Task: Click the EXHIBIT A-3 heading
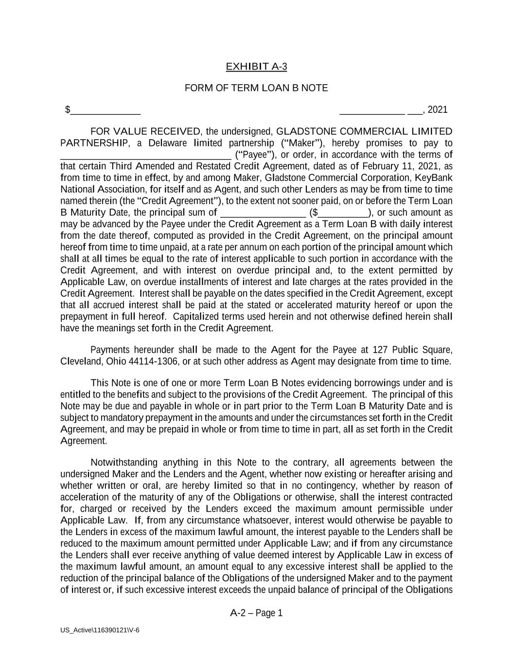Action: coord(256,67)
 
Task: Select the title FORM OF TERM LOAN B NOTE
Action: coord(256,88)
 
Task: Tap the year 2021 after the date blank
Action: coord(438,110)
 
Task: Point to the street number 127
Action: coord(380,350)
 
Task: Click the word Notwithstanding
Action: coord(124,463)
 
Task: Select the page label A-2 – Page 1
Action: coord(256,613)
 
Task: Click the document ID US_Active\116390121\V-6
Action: coord(100,630)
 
